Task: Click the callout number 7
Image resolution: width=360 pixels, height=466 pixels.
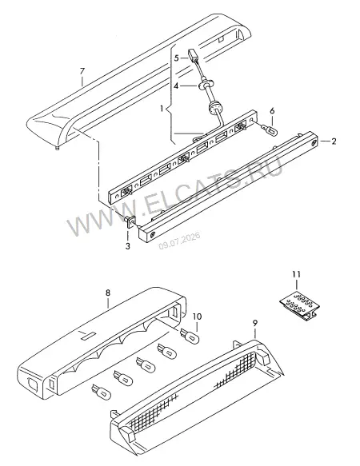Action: (82, 71)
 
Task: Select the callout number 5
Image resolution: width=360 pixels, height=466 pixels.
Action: (177, 58)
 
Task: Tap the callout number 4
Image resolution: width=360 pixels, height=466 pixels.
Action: (176, 86)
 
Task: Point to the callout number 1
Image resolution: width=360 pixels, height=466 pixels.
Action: (162, 109)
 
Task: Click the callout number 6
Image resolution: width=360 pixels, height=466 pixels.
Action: (272, 111)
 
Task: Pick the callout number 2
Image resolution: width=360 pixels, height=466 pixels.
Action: (334, 141)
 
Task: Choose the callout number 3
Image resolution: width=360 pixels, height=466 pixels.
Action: (128, 246)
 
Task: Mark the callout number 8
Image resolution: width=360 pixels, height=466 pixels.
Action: (108, 293)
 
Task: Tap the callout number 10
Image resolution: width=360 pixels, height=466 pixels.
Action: (198, 317)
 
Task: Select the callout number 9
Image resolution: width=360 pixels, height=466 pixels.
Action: (255, 323)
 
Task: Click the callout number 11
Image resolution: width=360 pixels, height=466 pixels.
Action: (296, 274)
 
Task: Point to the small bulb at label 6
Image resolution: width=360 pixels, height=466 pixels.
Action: (270, 129)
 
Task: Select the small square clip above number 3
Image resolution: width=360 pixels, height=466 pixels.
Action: (130, 221)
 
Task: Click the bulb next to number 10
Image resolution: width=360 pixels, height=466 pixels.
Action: (190, 336)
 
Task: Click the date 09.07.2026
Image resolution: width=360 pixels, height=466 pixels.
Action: (179, 241)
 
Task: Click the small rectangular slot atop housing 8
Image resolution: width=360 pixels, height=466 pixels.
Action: (87, 337)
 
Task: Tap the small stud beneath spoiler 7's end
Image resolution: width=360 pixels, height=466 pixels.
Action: (58, 148)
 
